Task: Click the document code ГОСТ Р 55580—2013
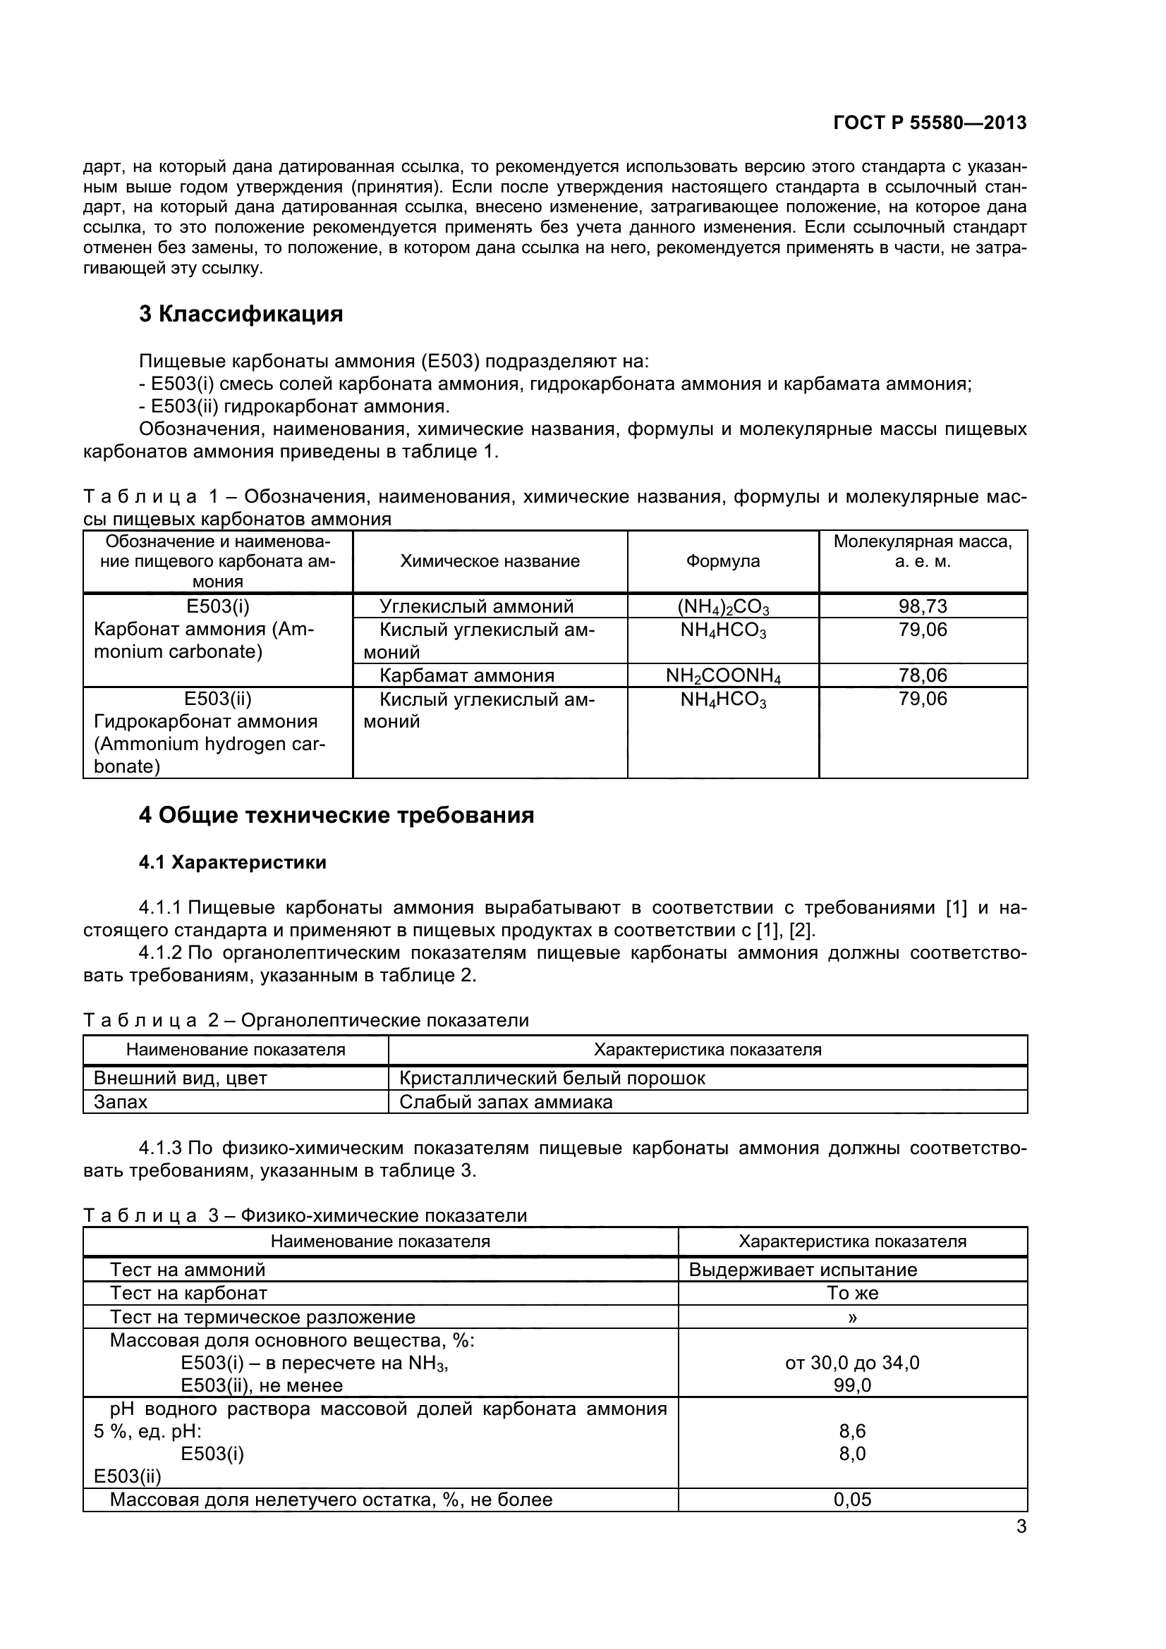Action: [x=930, y=123]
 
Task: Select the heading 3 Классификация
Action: [x=241, y=314]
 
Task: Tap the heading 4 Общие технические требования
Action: [x=336, y=815]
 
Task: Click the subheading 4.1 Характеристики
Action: [x=232, y=862]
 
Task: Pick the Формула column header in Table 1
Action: [x=723, y=561]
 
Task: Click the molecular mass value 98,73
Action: [x=923, y=606]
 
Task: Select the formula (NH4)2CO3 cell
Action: [x=723, y=607]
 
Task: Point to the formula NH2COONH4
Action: [x=723, y=676]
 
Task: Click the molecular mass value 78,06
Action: [x=923, y=675]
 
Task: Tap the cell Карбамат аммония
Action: [x=467, y=675]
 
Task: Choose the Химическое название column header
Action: [x=490, y=561]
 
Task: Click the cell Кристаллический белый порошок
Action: [x=552, y=1078]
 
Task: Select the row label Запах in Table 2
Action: [x=121, y=1102]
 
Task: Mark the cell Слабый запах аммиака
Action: [x=506, y=1102]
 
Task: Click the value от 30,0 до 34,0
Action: [x=852, y=1363]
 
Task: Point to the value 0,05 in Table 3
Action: [x=852, y=1500]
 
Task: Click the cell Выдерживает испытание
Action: [x=803, y=1270]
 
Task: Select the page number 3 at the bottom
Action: [x=1021, y=1526]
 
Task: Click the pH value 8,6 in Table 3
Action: [x=852, y=1430]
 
